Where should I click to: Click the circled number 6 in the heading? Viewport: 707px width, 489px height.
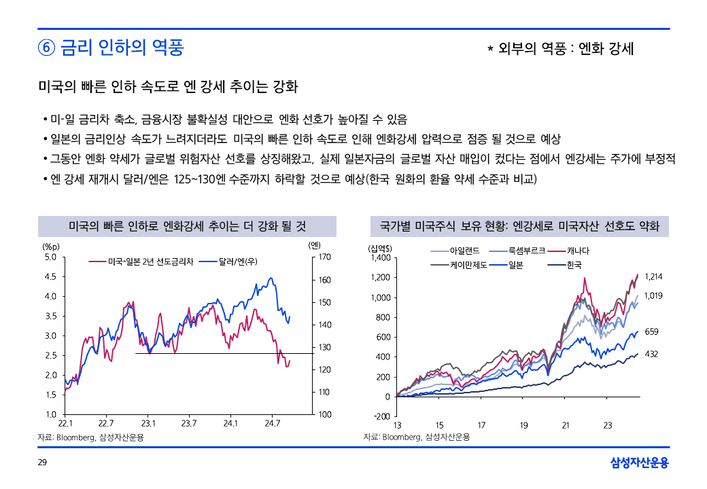[x=46, y=48]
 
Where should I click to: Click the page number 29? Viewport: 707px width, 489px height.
[x=42, y=463]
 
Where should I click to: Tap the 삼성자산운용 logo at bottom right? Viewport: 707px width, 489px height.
[x=640, y=463]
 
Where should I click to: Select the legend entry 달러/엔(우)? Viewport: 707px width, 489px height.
[x=237, y=261]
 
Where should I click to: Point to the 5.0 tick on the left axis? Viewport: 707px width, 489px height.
[x=50, y=257]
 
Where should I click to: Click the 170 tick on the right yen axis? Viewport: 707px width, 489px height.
[x=324, y=257]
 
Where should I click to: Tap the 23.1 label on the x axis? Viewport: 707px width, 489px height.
[x=149, y=423]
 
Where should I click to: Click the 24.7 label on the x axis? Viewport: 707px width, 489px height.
[x=272, y=423]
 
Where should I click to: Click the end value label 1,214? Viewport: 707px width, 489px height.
[x=653, y=276]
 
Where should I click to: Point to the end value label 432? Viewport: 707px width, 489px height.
[x=651, y=354]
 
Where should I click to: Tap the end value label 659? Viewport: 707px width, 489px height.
[x=651, y=331]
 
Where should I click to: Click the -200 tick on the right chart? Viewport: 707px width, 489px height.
[x=383, y=416]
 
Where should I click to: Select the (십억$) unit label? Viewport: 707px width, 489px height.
[x=379, y=248]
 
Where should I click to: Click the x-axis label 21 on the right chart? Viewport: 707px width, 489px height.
[x=566, y=426]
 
